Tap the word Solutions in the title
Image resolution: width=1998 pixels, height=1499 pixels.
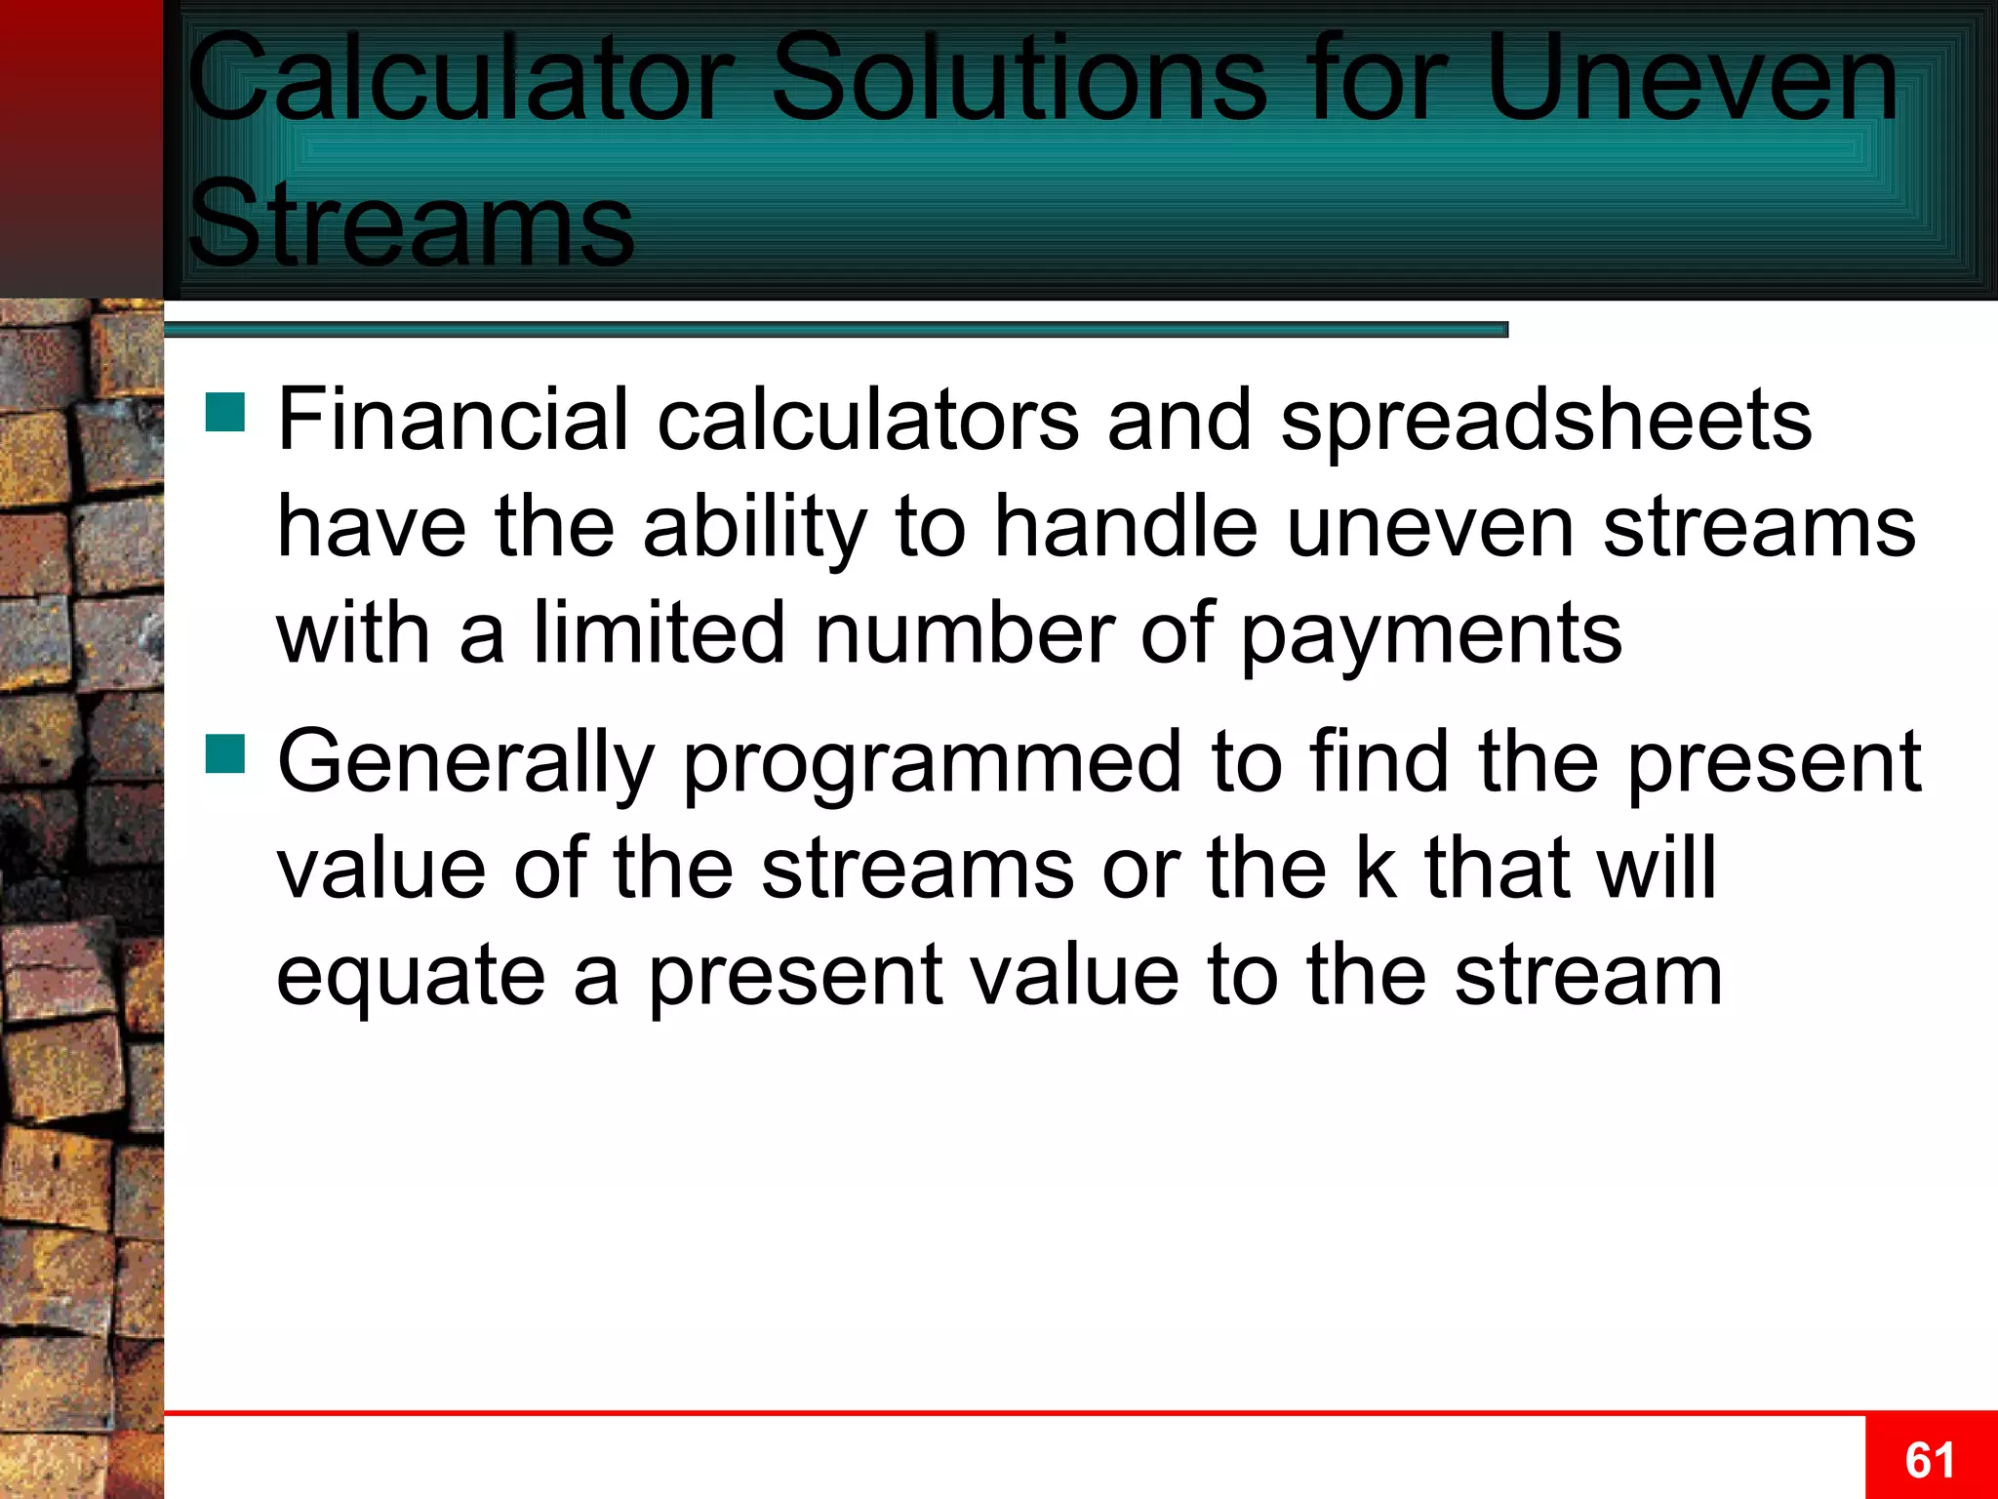coord(1019,80)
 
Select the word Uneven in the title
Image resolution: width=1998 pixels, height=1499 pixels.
coord(1692,80)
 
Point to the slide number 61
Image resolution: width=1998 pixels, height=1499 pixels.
coord(1930,1460)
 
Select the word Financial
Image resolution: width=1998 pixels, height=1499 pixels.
coord(453,420)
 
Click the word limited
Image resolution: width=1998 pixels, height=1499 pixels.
coord(659,632)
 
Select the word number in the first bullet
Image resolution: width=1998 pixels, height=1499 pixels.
coord(964,632)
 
